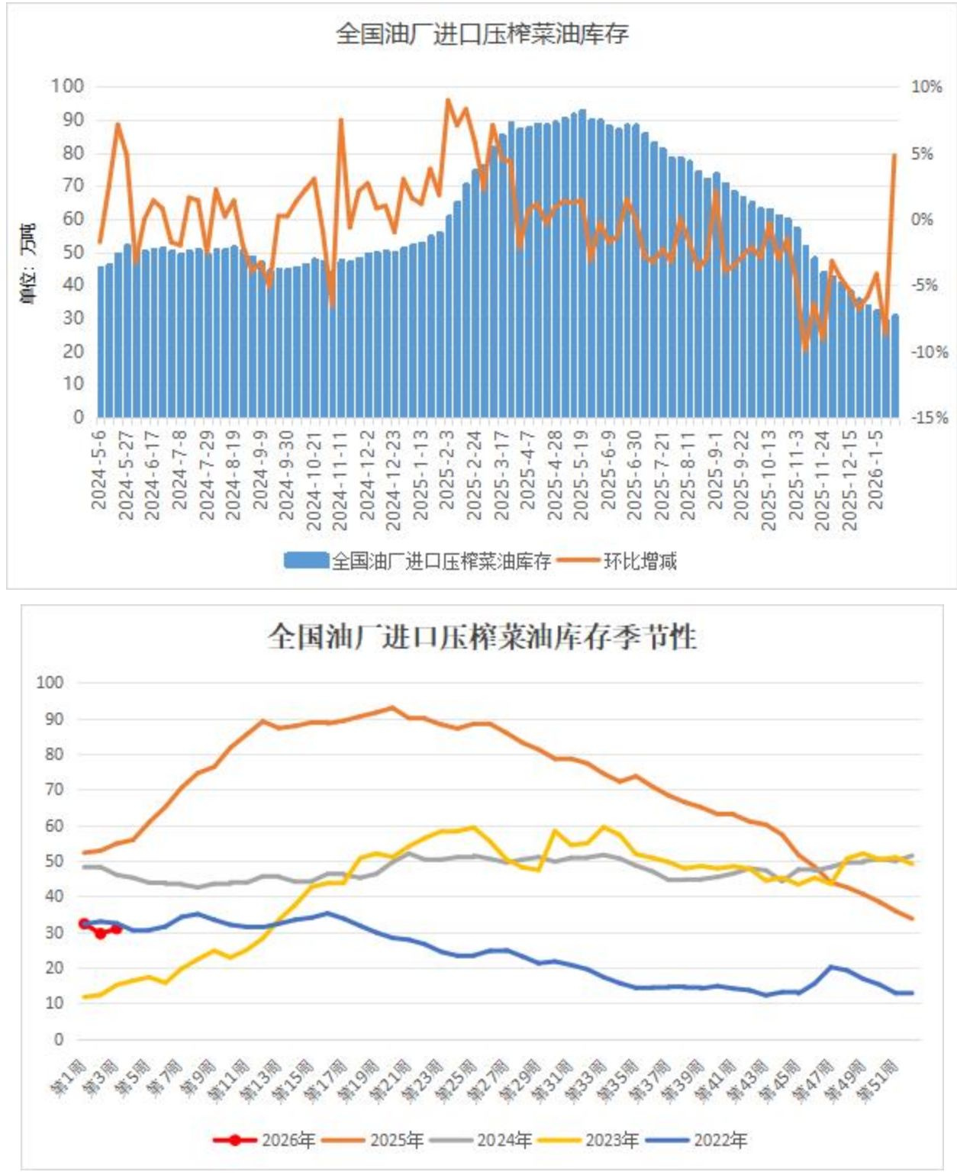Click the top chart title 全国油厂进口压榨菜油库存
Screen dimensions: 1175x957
482,34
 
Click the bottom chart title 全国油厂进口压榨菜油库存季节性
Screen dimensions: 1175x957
482,636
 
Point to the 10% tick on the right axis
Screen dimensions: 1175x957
926,87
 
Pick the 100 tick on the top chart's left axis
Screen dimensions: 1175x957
67,85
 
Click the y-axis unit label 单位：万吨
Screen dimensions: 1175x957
27,263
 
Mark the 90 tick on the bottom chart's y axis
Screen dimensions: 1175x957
50,719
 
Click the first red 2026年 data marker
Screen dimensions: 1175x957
84,924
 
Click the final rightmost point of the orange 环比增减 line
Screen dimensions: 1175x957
894,155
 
